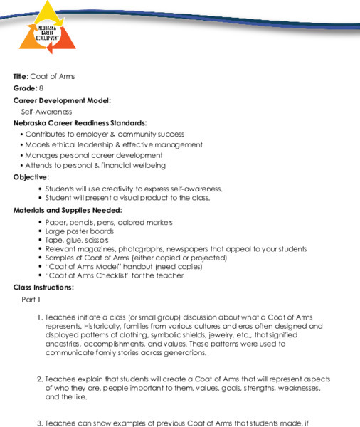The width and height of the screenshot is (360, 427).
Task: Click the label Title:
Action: click(21, 76)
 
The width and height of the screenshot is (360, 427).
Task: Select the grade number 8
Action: click(41, 88)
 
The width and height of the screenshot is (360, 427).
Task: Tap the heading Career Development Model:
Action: click(62, 100)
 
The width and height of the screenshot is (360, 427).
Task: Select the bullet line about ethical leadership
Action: click(106, 144)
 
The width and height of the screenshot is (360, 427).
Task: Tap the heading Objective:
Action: click(31, 177)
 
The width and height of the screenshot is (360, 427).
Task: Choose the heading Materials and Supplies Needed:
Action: click(68, 210)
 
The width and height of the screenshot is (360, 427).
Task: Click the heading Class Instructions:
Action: click(43, 287)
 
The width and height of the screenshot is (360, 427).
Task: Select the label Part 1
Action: click(31, 300)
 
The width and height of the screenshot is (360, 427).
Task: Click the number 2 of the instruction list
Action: click(39, 380)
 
